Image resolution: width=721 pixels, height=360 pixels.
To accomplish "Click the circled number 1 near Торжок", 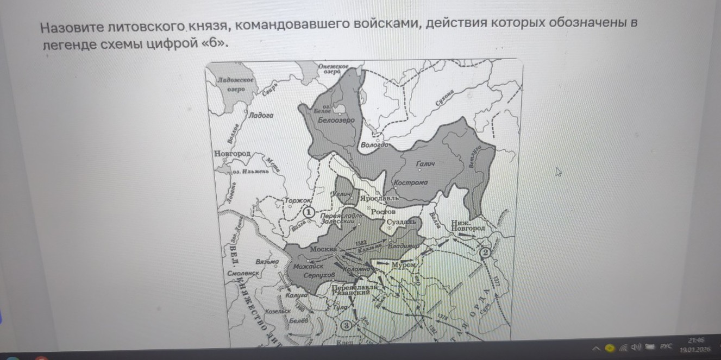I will pos(308,212).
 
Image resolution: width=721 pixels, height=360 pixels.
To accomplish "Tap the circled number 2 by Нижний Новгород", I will pos(485,252).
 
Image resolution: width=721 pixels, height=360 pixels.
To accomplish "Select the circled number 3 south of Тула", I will pos(347,325).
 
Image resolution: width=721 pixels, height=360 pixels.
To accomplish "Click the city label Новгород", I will pos(233,154).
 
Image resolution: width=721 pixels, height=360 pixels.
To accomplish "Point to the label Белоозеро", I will pos(336,120).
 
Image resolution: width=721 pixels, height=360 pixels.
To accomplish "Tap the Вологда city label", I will pos(374,146).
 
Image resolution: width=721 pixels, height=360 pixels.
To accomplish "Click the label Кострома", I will pos(411,182).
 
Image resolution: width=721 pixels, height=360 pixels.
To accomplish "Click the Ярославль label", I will pos(380,198).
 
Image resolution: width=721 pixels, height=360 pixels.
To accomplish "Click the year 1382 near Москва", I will pos(361,242).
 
